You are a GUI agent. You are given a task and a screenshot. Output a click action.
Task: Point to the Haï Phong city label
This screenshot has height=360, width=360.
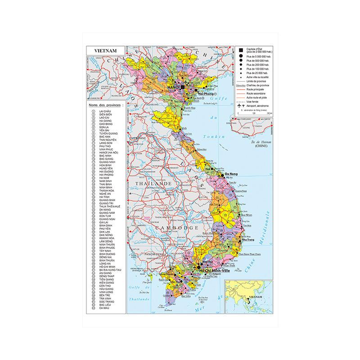tap(200, 94)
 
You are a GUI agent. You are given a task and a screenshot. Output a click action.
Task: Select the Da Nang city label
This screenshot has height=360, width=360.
tap(231, 174)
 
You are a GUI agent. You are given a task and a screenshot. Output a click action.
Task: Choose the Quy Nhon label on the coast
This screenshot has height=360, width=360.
tap(245, 215)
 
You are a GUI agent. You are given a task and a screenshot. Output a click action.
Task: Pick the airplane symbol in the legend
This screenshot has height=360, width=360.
tap(238, 105)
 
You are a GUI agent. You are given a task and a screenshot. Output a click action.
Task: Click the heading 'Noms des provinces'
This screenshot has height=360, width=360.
tap(105, 105)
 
